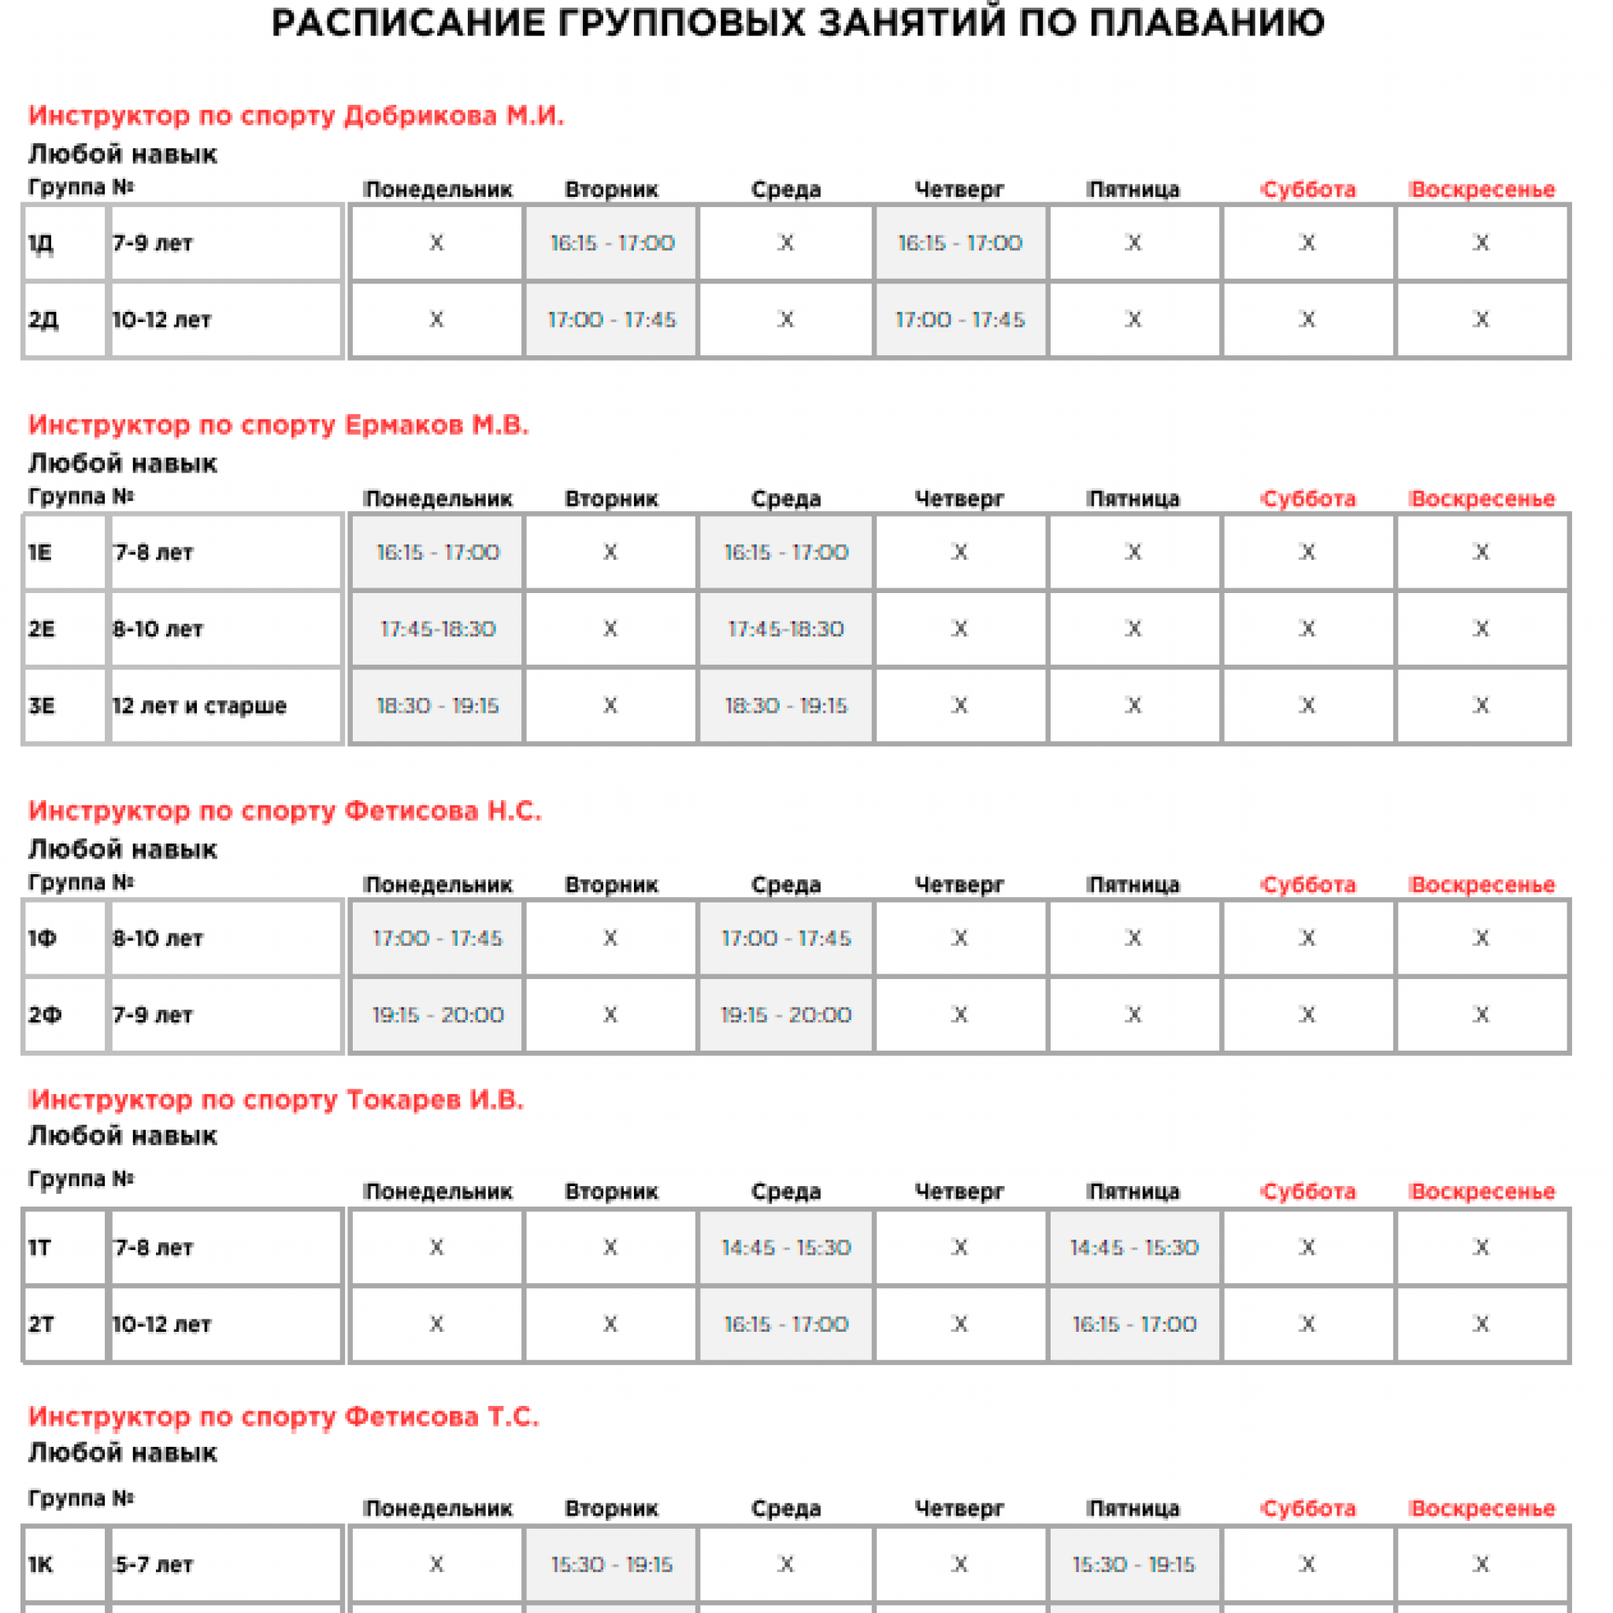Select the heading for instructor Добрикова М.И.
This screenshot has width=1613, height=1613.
[295, 115]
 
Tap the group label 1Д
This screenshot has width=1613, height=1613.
[41, 243]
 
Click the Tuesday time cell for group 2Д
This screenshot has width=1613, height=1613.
[611, 320]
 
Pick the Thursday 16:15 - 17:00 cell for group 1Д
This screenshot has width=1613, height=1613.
[959, 243]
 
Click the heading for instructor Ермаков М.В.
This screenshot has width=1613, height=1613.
[278, 425]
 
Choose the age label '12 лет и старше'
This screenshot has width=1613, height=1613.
[198, 706]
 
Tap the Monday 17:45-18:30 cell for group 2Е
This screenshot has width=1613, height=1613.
[437, 629]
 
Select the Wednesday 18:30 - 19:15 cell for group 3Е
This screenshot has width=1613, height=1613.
[785, 706]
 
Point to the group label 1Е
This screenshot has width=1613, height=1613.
[40, 552]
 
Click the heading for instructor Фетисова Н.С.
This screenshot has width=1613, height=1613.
[284, 810]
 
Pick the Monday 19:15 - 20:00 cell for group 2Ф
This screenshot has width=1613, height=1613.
[437, 1014]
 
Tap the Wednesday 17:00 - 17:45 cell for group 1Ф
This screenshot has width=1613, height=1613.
[785, 937]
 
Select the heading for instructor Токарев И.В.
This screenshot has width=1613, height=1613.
[276, 1099]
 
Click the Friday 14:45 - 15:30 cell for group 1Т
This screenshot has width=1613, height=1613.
[1134, 1248]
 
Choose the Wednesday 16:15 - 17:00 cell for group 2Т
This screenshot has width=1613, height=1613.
[785, 1324]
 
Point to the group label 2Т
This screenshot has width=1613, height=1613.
[41, 1324]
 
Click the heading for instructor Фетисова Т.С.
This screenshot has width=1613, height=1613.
[284, 1417]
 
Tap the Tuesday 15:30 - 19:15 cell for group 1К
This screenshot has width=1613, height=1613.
[611, 1565]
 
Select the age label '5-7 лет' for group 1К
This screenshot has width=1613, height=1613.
[154, 1565]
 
